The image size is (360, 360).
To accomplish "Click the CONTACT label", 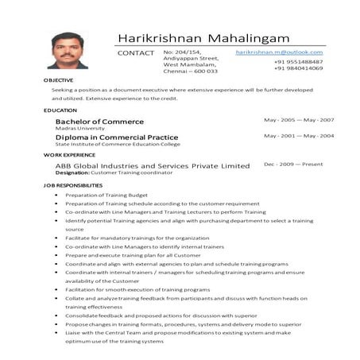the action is (x=135, y=52).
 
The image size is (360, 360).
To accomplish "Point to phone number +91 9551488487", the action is (x=298, y=61).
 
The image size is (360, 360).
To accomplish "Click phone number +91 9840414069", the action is (x=298, y=68).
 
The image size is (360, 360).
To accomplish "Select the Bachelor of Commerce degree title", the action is (x=99, y=122).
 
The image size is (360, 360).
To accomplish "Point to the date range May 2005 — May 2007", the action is (x=298, y=120).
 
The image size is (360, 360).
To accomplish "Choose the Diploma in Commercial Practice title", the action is (x=117, y=137).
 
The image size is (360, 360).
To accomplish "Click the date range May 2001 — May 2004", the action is (x=298, y=136).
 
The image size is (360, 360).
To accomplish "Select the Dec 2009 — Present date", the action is (x=293, y=164).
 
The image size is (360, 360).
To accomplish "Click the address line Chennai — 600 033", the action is (x=190, y=72).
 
